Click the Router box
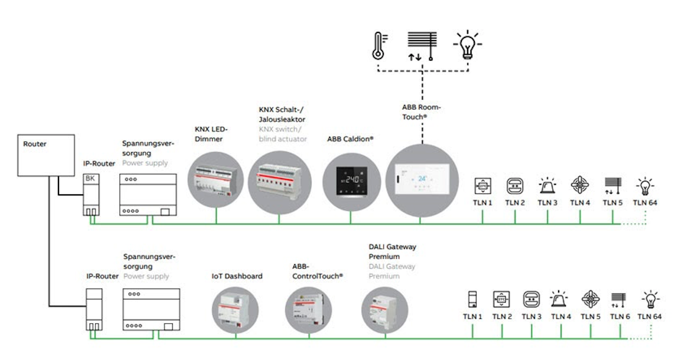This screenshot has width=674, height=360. coord(46,155)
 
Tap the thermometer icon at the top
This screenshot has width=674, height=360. coord(379,46)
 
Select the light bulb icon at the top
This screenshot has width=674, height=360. coord(467,44)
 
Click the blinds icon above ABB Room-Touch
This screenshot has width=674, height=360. coord(422,46)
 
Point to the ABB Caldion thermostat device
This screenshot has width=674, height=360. coord(351,182)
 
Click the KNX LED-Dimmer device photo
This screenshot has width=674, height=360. coord(216,180)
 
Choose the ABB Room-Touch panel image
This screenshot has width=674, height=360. coord(422,180)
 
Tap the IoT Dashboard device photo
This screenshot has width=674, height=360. coord(235,310)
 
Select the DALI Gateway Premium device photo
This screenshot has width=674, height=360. coord(385,310)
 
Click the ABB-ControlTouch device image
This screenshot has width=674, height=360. coord(309,310)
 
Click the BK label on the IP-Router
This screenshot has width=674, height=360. coord(90,178)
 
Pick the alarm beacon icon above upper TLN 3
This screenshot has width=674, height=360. coord(547,186)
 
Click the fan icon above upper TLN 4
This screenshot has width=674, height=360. coord(579,185)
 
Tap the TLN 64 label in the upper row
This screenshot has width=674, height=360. coord(645,202)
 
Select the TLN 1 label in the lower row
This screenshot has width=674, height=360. coord(473,317)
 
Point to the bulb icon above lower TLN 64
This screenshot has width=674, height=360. coord(651,299)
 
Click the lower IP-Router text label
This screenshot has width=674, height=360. coord(102,276)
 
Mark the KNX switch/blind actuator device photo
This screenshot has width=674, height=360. coord(279,183)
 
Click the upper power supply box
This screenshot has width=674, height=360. coord(148,194)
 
